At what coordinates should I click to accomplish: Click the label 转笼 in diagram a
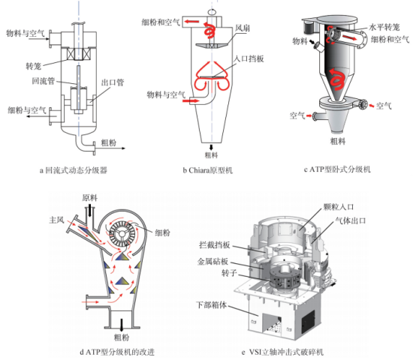point(34,66)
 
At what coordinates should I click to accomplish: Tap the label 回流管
point(44,81)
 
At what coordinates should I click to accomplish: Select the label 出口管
point(113,82)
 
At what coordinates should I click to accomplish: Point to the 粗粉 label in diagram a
point(109,142)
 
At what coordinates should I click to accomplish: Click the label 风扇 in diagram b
point(243,28)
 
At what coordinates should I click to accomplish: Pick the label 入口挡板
point(249,58)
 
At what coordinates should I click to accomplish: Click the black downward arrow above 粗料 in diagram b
point(212,147)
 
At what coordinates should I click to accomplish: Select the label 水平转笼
point(384,27)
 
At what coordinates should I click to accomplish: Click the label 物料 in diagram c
point(300,41)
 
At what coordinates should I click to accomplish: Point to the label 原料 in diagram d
point(89,198)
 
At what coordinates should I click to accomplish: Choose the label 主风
point(57,220)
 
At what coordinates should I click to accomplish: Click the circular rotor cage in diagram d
point(122,233)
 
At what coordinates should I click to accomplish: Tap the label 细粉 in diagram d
point(162,232)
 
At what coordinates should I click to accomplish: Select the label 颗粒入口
point(339,207)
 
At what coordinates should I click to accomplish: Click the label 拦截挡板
point(214,245)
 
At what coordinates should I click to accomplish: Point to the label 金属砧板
point(213,262)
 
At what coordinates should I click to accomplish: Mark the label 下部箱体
point(211,304)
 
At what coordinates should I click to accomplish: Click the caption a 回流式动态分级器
point(74,170)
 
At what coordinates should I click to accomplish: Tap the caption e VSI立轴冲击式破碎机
point(282,352)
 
